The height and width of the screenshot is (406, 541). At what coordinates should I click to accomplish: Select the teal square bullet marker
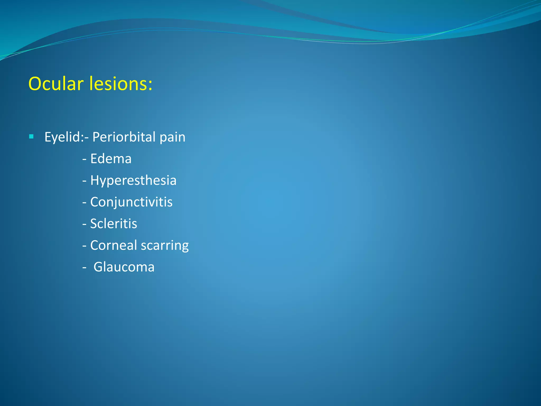point(31,137)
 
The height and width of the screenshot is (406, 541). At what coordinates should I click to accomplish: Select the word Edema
point(111,159)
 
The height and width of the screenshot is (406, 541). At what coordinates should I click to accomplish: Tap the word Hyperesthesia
point(133,181)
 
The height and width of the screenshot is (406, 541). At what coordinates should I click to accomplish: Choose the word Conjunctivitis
point(131,202)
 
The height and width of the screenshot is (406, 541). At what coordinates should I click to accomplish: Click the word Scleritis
point(114,224)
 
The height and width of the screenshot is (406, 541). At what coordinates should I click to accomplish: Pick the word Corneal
point(114,245)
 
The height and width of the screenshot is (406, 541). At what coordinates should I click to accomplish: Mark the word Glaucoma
point(124,267)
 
